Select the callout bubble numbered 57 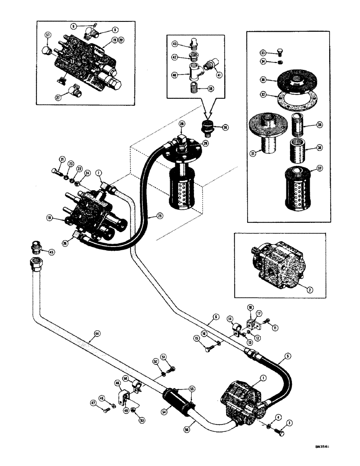point(48,35)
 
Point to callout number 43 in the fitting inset point(176,44)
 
